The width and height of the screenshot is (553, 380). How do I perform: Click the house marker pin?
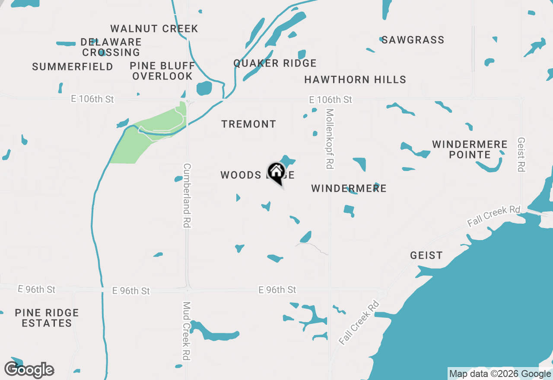point(276,173)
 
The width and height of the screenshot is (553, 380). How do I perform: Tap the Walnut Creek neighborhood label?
point(154,29)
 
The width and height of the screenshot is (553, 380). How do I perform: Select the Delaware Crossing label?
point(111,47)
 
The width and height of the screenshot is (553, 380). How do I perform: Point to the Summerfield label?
point(73,67)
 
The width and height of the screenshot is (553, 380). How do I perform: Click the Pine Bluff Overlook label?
point(162,71)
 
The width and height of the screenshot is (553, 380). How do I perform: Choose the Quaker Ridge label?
point(275,63)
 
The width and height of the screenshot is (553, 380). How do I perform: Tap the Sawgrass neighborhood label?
point(413,40)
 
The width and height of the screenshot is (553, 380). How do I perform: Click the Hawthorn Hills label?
point(355,80)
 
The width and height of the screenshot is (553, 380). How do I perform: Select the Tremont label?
point(248,124)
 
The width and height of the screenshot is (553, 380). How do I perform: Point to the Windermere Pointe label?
point(470,149)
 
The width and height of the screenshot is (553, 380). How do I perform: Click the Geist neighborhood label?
point(426,256)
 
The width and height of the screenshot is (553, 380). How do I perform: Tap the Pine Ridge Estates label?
point(47,318)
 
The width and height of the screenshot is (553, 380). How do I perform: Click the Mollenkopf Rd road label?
point(330,139)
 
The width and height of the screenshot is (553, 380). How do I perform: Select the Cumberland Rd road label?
point(187,195)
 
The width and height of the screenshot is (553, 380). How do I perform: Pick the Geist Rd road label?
point(521,155)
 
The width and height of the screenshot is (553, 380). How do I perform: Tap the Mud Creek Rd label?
point(187,331)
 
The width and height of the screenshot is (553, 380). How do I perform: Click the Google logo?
point(29,370)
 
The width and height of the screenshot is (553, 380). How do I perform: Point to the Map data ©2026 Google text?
point(499,374)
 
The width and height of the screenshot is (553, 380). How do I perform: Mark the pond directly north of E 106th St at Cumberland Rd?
point(204,88)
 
